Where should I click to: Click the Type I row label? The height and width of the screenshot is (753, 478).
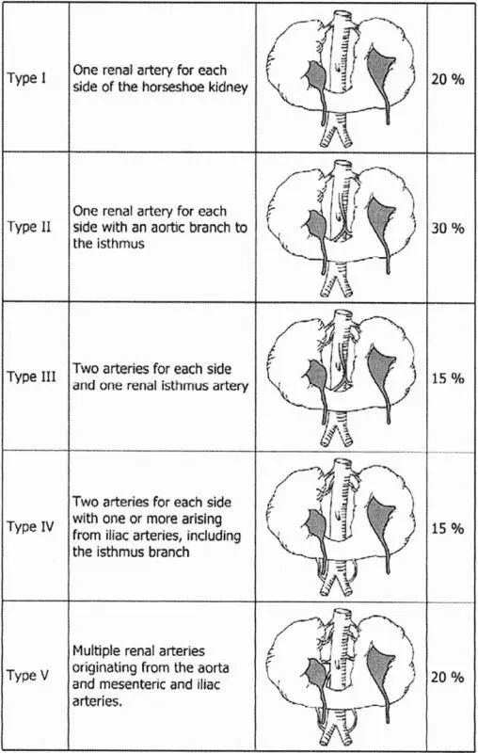26,78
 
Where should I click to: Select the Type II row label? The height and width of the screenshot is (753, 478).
29,227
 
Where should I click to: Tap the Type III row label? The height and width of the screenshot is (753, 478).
31,377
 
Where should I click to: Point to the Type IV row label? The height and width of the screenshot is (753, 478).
30,527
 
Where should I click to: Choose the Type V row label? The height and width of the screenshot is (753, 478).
28,676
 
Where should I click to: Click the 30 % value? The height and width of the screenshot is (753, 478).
448,228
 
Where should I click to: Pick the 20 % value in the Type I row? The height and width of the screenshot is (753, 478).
448,79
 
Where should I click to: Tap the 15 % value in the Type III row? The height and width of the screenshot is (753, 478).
448,378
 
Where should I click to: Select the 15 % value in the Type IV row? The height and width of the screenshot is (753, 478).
448,528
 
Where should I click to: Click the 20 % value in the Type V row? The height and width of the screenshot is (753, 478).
448,677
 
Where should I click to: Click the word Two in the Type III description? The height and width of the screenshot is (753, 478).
84,369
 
